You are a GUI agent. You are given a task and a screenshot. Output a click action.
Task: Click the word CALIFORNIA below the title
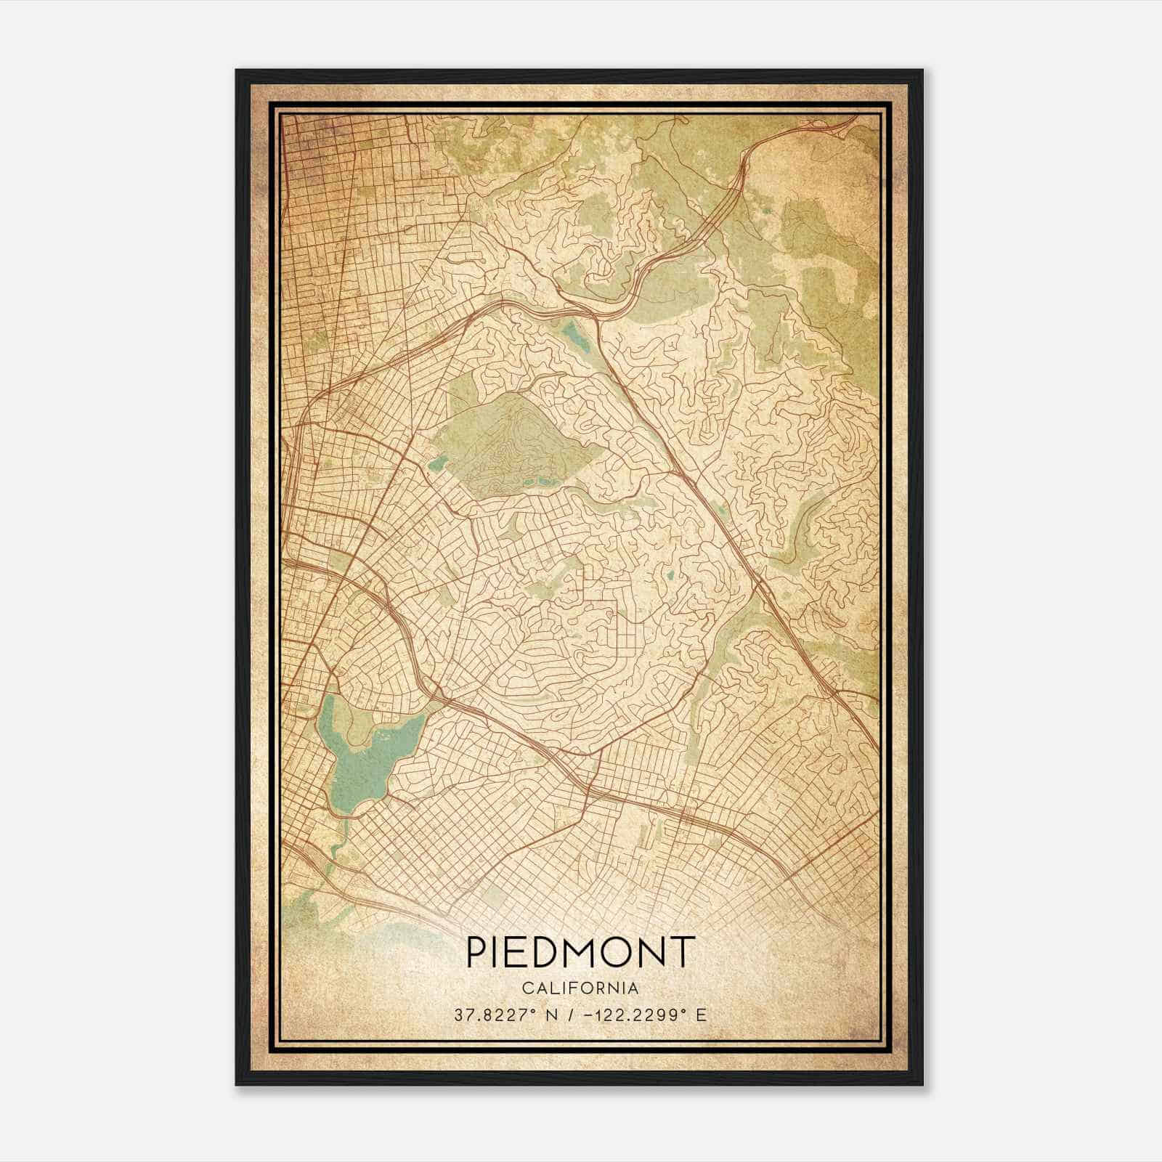coord(580,988)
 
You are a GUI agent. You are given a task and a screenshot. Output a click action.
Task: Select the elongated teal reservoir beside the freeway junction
coord(574,336)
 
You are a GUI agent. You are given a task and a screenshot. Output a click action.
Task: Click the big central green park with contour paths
coord(519,443)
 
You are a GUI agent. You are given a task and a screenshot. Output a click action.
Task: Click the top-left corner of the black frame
coord(237,71)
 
